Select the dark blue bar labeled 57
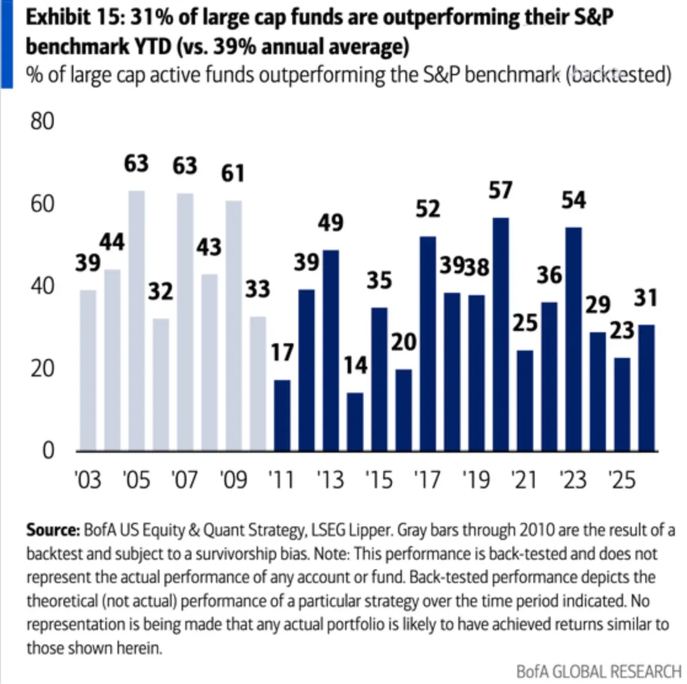[501, 334]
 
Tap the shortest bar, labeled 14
[355, 421]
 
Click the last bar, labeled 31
[646, 387]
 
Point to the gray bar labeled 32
[161, 384]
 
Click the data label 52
[427, 208]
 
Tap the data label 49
[331, 223]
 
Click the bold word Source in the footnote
[53, 531]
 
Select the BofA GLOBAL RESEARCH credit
[598, 671]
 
